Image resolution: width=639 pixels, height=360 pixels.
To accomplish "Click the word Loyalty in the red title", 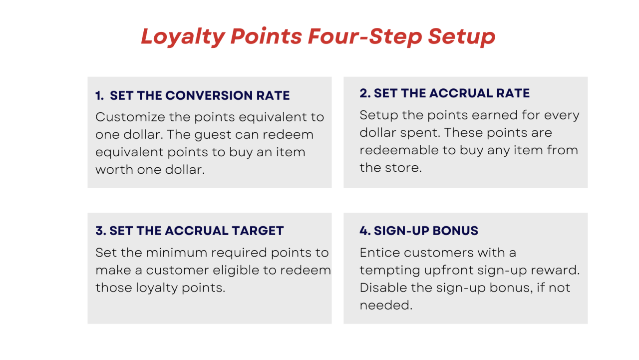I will pyautogui.click(x=183, y=36).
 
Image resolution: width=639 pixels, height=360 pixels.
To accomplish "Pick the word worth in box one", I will pyautogui.click(x=116, y=170).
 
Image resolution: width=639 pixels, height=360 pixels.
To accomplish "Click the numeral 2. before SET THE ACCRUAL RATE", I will pyautogui.click(x=365, y=93).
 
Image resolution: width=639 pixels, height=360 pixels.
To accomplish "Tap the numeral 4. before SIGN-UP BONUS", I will pyautogui.click(x=365, y=231).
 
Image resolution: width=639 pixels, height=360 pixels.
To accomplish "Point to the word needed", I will pyautogui.click(x=385, y=305).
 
